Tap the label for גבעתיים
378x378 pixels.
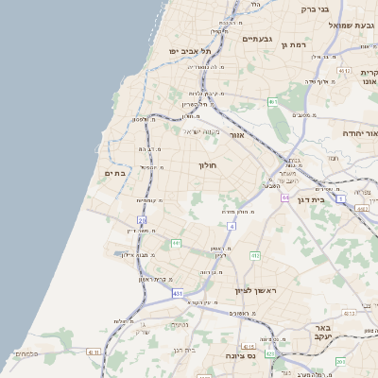(x=257, y=40)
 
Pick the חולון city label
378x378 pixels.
(x=207, y=165)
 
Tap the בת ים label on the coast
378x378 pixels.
(x=116, y=173)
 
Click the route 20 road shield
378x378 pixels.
(x=142, y=221)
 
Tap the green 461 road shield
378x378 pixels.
(x=272, y=102)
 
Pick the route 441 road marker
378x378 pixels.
(x=176, y=243)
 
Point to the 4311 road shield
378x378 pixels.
(x=93, y=352)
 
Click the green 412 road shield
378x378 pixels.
(x=255, y=255)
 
